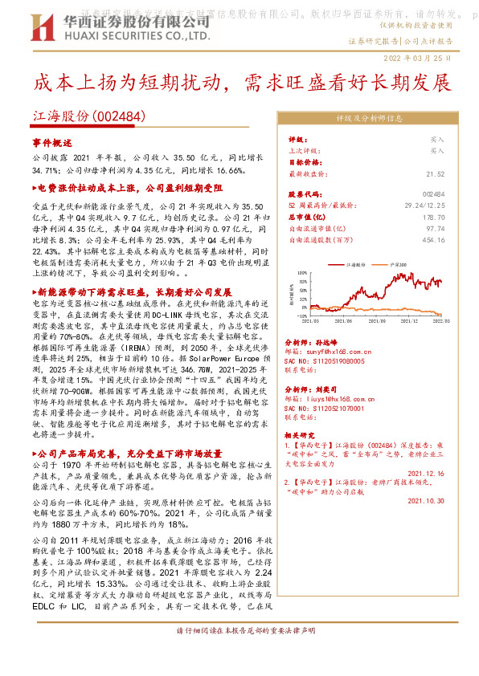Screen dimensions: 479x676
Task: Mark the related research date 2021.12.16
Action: (x=427, y=474)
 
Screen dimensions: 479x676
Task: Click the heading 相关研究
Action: (x=301, y=435)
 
